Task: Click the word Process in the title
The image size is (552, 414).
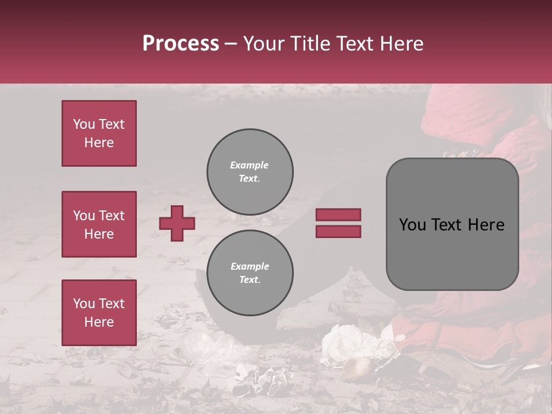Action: [x=181, y=44]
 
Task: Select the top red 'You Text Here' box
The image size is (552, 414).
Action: [x=99, y=133]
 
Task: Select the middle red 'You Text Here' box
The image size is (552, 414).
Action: [x=99, y=224]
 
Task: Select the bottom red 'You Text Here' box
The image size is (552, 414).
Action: [x=99, y=313]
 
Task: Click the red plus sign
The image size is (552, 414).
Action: [x=177, y=223]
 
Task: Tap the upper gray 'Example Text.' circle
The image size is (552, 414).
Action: [x=250, y=172]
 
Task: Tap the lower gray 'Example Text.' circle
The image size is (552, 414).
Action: [x=250, y=273]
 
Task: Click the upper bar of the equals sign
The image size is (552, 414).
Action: [x=338, y=215]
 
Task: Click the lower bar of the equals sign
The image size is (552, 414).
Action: [x=338, y=231]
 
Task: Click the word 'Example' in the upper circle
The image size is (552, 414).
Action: [x=250, y=165]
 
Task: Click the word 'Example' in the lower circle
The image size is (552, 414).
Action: [x=250, y=266]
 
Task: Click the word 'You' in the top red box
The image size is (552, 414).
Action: [x=84, y=124]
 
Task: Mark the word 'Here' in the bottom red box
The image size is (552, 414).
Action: [x=99, y=322]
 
